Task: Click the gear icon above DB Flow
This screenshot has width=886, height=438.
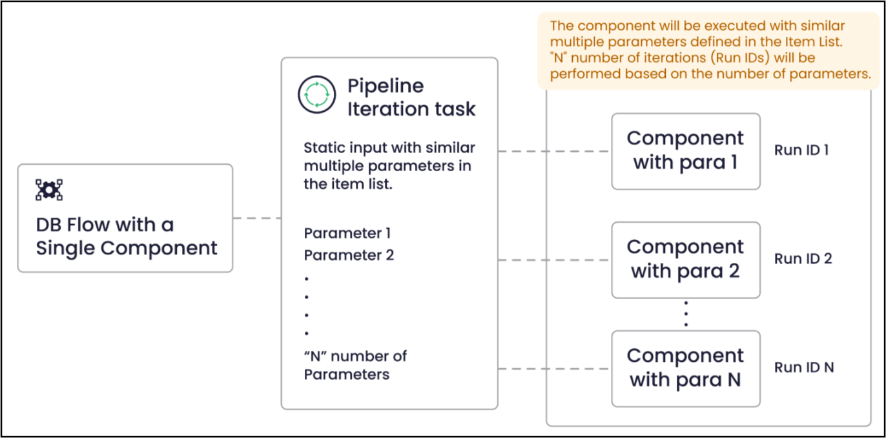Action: pyautogui.click(x=49, y=190)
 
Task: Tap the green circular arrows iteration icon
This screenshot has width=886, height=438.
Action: pyautogui.click(x=317, y=94)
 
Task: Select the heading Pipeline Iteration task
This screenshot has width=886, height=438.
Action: pyautogui.click(x=411, y=98)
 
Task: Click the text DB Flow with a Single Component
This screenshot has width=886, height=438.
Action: pyautogui.click(x=126, y=236)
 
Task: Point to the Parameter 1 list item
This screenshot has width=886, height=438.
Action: pyautogui.click(x=347, y=233)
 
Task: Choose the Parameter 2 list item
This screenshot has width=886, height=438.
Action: pyautogui.click(x=349, y=255)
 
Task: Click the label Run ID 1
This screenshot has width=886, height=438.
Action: pyautogui.click(x=801, y=150)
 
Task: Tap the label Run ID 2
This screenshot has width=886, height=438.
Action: pyautogui.click(x=803, y=258)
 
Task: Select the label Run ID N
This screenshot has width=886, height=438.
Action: pyautogui.click(x=804, y=367)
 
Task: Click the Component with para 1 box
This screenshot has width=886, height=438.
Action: pyautogui.click(x=685, y=151)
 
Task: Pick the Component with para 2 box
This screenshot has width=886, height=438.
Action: pyautogui.click(x=685, y=260)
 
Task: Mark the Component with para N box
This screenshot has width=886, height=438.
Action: pyautogui.click(x=685, y=369)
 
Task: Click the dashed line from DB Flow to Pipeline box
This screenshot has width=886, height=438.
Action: pyautogui.click(x=257, y=218)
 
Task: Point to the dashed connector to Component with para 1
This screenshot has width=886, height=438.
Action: pyautogui.click(x=555, y=151)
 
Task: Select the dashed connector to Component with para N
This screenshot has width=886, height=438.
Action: pyautogui.click(x=555, y=369)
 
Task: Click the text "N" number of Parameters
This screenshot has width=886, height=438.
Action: pyautogui.click(x=355, y=365)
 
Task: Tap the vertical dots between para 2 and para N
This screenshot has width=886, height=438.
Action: pyautogui.click(x=686, y=314)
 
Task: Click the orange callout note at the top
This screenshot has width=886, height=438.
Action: pyautogui.click(x=708, y=50)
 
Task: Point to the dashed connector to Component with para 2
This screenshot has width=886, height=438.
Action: pyautogui.click(x=555, y=260)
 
